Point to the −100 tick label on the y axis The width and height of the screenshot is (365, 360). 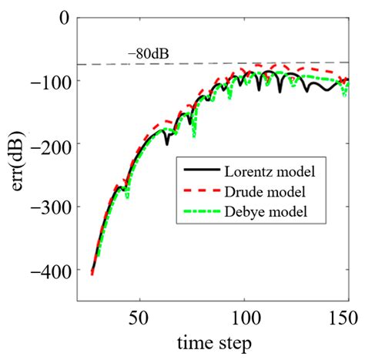[x=51, y=81]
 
